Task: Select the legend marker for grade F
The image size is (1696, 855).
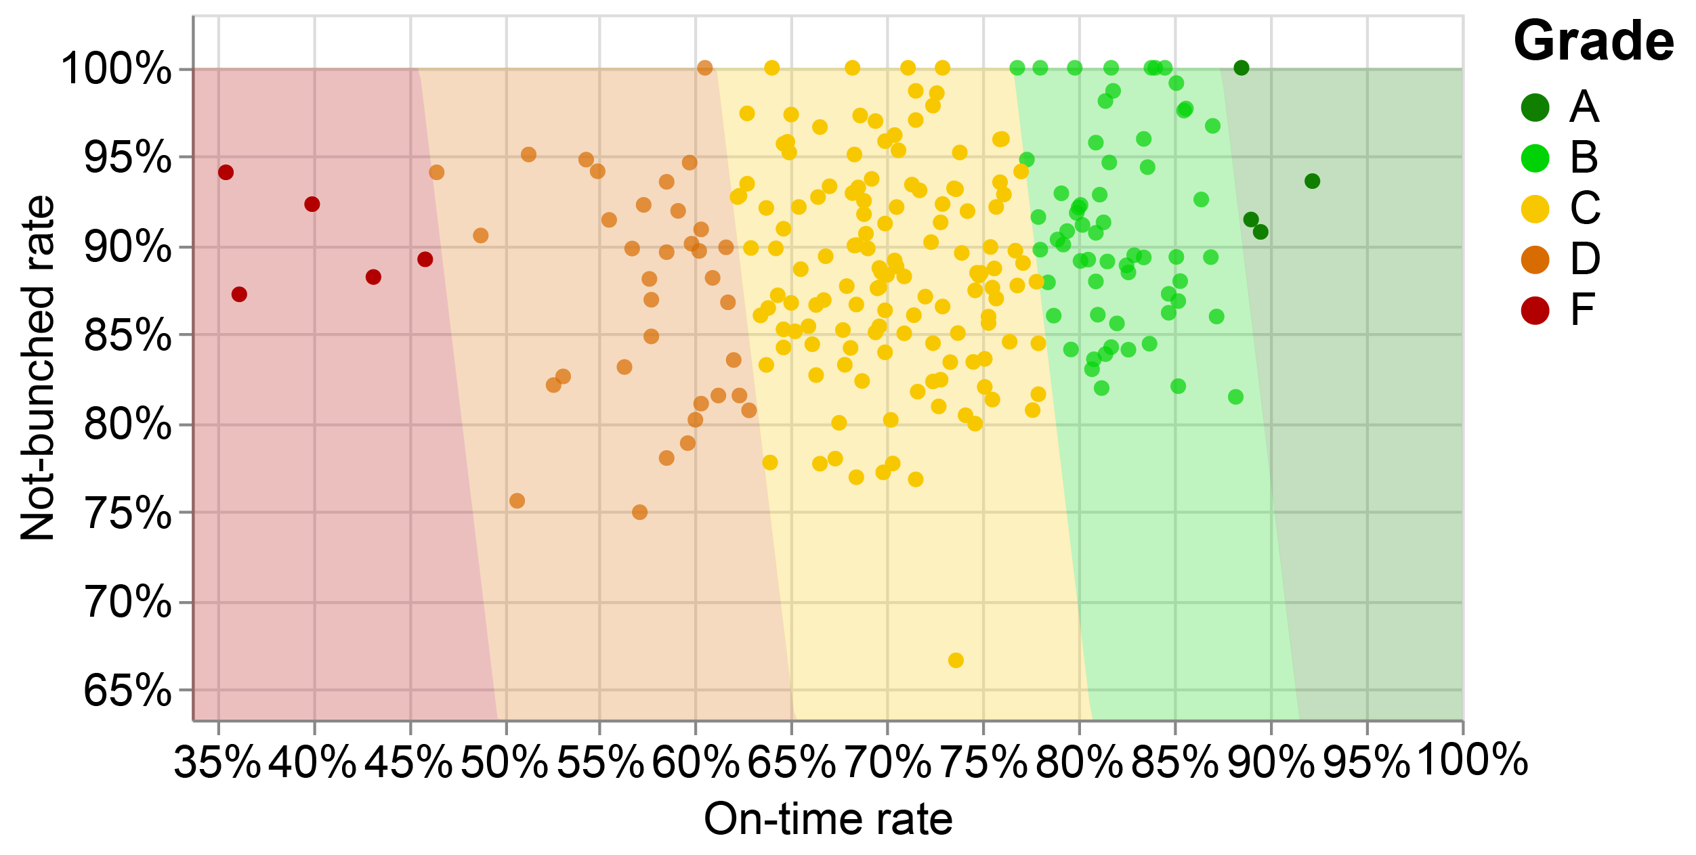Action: (x=1535, y=311)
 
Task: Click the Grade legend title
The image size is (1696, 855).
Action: (x=1593, y=42)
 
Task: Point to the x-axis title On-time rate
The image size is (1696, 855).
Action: (x=828, y=820)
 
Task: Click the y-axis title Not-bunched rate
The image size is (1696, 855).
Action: (x=38, y=368)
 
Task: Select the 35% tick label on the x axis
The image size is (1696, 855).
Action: (x=217, y=762)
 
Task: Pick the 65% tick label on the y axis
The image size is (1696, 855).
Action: (x=127, y=691)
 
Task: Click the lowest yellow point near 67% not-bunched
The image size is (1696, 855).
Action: (x=956, y=660)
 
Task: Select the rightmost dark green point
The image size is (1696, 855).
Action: (x=1312, y=181)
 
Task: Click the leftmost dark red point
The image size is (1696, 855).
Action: (x=226, y=173)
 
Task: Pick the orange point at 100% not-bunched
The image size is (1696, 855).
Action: (x=705, y=68)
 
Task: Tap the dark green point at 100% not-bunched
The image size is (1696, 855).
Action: (x=1242, y=68)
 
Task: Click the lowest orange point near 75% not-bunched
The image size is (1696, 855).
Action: (x=639, y=512)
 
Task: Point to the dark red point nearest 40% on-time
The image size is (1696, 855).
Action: (x=312, y=204)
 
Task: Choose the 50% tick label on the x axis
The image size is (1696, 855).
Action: (x=505, y=762)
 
